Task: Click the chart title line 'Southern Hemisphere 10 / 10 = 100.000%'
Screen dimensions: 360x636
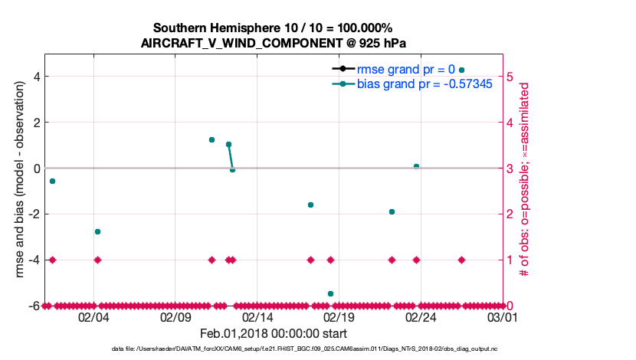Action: point(274,28)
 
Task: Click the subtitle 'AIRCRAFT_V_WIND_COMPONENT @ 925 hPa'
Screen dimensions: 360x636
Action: point(274,43)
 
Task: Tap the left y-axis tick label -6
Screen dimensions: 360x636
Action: point(34,306)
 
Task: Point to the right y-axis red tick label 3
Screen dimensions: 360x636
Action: point(511,168)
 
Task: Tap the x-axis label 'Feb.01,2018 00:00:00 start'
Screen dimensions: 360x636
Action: point(274,333)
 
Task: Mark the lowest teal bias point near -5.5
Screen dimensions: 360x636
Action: point(330,293)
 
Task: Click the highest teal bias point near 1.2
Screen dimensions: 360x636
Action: point(211,139)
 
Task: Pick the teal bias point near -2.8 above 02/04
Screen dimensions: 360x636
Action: point(97,231)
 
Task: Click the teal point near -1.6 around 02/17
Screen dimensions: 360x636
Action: point(310,205)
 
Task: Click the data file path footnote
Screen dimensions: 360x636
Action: point(274,349)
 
